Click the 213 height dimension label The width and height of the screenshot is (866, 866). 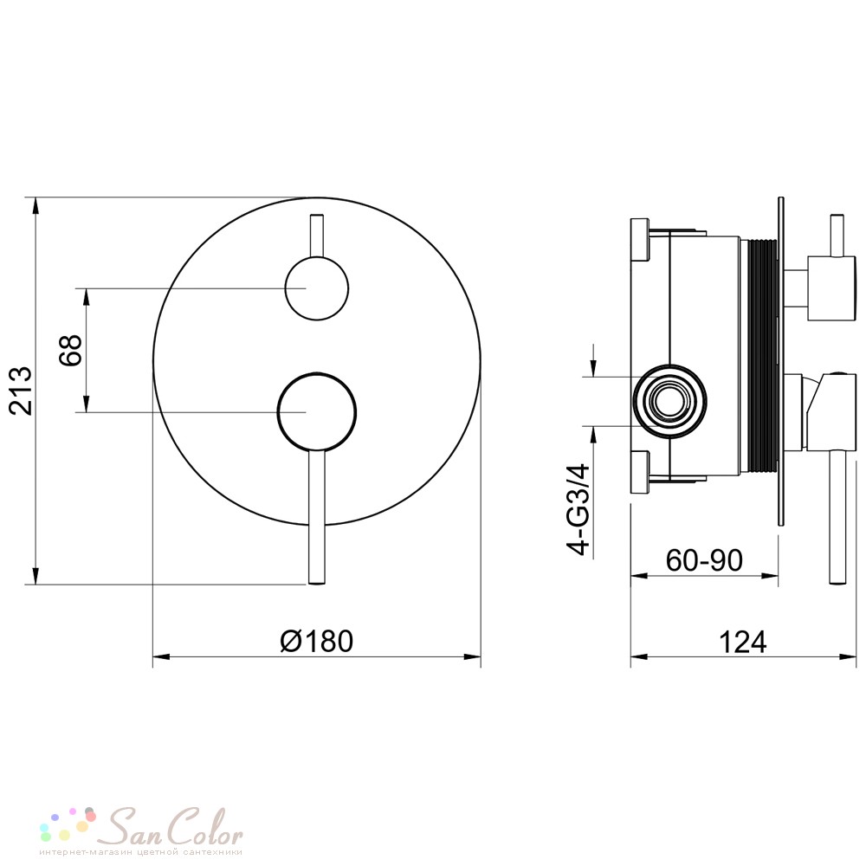21,391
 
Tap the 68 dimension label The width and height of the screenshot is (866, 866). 70,350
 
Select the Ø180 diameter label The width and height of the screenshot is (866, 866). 316,641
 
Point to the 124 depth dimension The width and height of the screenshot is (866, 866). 743,642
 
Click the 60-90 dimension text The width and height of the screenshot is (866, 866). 704,560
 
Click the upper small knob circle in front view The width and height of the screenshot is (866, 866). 317,288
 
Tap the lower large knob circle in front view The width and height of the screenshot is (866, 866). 317,412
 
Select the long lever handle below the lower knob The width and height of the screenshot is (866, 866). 317,517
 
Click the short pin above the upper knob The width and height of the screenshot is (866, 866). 317,236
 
